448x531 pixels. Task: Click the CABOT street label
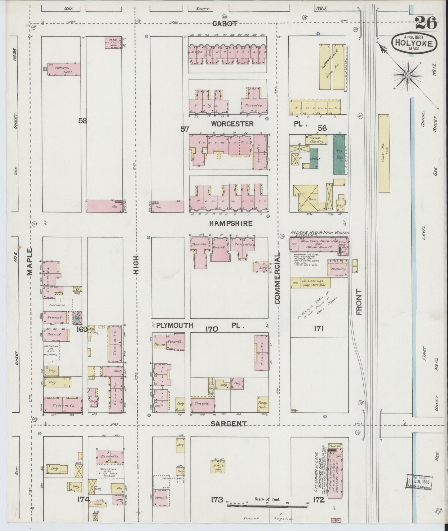pos(225,24)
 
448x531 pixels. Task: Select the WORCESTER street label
pos(233,124)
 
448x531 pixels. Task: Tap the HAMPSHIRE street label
pos(230,223)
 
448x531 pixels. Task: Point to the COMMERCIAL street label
pos(277,278)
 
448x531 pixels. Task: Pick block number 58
pos(82,121)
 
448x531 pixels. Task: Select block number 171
pos(319,329)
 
